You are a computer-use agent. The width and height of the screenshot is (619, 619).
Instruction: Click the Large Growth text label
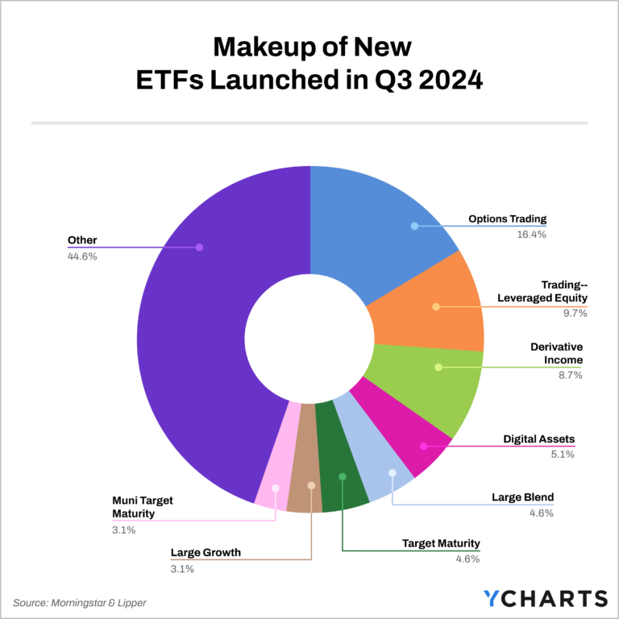[206, 554]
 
